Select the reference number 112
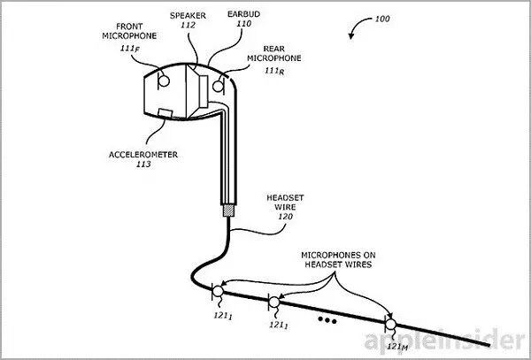pyautogui.click(x=188, y=25)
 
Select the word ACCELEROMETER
pyautogui.click(x=142, y=154)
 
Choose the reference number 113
pyautogui.click(x=142, y=165)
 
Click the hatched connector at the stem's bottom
pyautogui.click(x=227, y=211)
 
